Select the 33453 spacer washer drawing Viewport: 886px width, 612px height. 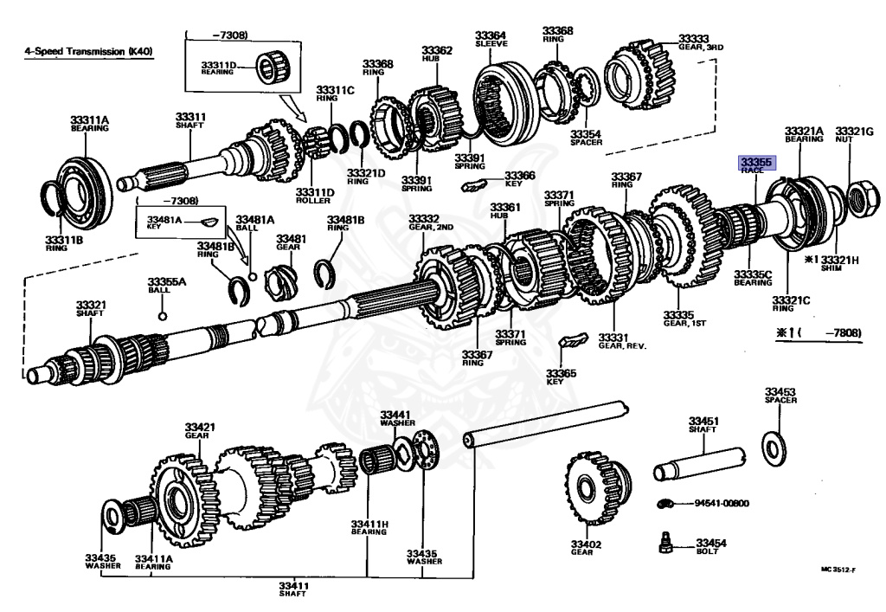[x=774, y=445]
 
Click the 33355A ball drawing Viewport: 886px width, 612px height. [x=162, y=314]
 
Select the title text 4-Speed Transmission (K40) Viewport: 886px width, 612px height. [x=88, y=52]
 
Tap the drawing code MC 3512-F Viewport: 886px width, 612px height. [x=839, y=570]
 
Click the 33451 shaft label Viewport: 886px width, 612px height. [x=703, y=424]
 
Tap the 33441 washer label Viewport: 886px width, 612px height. [x=395, y=418]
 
